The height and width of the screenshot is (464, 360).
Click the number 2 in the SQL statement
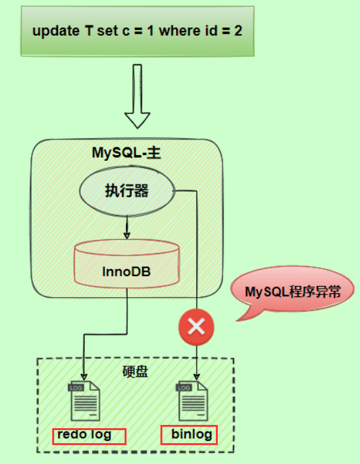tap(239, 31)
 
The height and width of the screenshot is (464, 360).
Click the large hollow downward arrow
tap(138, 98)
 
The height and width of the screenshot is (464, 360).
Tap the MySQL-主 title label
tap(127, 154)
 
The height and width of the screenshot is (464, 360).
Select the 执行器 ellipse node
tap(127, 191)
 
